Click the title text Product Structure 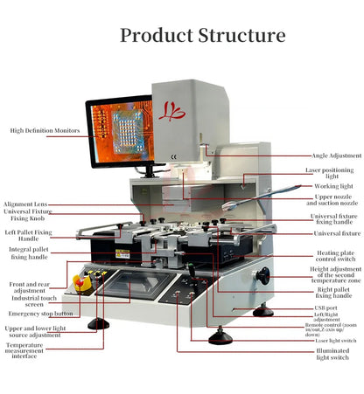click(x=202, y=36)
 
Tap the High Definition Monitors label click(x=45, y=131)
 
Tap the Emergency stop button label click(x=40, y=313)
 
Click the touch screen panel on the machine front click(x=138, y=285)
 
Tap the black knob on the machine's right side click(x=262, y=275)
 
